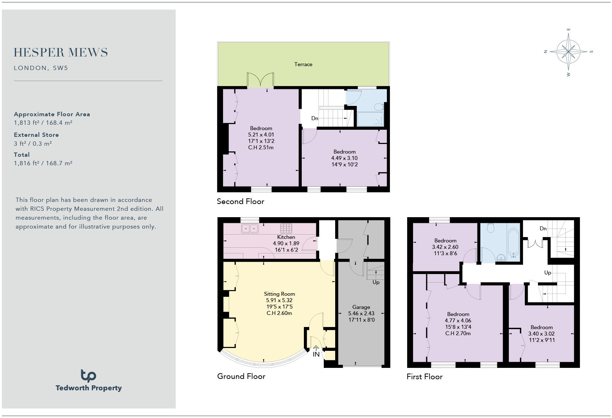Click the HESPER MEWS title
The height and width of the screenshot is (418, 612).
pos(61,53)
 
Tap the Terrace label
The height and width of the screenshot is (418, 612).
pos(303,64)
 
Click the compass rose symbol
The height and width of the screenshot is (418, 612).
pos(568,52)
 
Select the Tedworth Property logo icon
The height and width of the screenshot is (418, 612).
pos(88,375)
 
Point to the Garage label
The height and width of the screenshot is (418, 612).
pos(361,307)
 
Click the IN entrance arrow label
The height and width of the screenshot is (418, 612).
pos(316,354)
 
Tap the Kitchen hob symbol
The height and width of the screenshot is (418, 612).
pos(286,228)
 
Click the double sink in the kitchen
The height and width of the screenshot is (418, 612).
pos(250,229)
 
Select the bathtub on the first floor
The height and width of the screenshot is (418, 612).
pos(513,243)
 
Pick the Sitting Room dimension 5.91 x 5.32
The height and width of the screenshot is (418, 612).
pos(279,300)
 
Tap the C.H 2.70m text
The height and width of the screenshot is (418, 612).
pos(458,333)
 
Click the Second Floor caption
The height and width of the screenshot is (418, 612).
pos(241,202)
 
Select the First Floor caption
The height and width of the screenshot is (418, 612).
pos(424,377)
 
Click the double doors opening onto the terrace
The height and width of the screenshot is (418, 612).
pos(260,80)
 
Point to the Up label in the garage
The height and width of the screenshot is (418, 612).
pos(376,282)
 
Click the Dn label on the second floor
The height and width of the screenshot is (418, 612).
pos(315,118)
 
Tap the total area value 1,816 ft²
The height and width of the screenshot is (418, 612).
pos(43,163)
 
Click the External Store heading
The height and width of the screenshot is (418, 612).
pos(36,135)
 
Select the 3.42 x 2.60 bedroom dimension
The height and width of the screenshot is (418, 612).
pos(445,247)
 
